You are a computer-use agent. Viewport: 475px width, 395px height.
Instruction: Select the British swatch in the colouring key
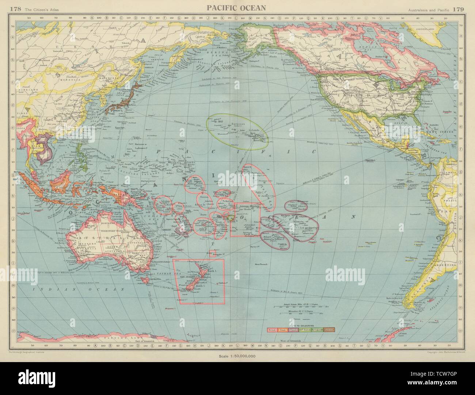[x=272, y=330]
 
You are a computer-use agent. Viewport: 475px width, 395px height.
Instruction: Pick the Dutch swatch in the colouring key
[x=283, y=330]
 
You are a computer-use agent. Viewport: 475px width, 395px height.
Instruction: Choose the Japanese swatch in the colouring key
[x=329, y=330]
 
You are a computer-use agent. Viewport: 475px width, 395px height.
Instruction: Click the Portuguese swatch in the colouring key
[x=317, y=330]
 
